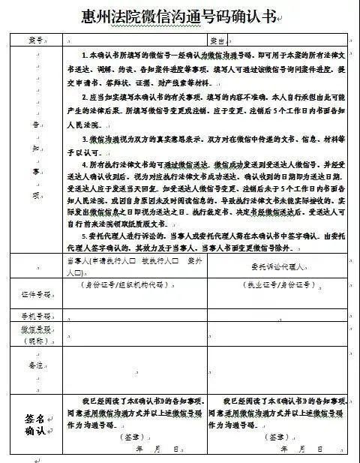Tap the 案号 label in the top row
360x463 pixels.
[x=35, y=40]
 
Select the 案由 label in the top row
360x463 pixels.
[x=217, y=40]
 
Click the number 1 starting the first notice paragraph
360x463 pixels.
[x=83, y=56]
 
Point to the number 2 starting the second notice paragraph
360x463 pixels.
[x=83, y=98]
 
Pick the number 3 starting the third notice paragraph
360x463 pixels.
[x=83, y=140]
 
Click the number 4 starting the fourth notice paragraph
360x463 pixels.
[x=83, y=163]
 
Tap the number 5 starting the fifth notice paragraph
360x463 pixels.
[x=83, y=233]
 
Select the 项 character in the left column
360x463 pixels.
[x=35, y=194]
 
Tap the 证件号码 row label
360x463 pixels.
[x=35, y=293]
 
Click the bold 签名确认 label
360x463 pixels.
[x=35, y=423]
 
